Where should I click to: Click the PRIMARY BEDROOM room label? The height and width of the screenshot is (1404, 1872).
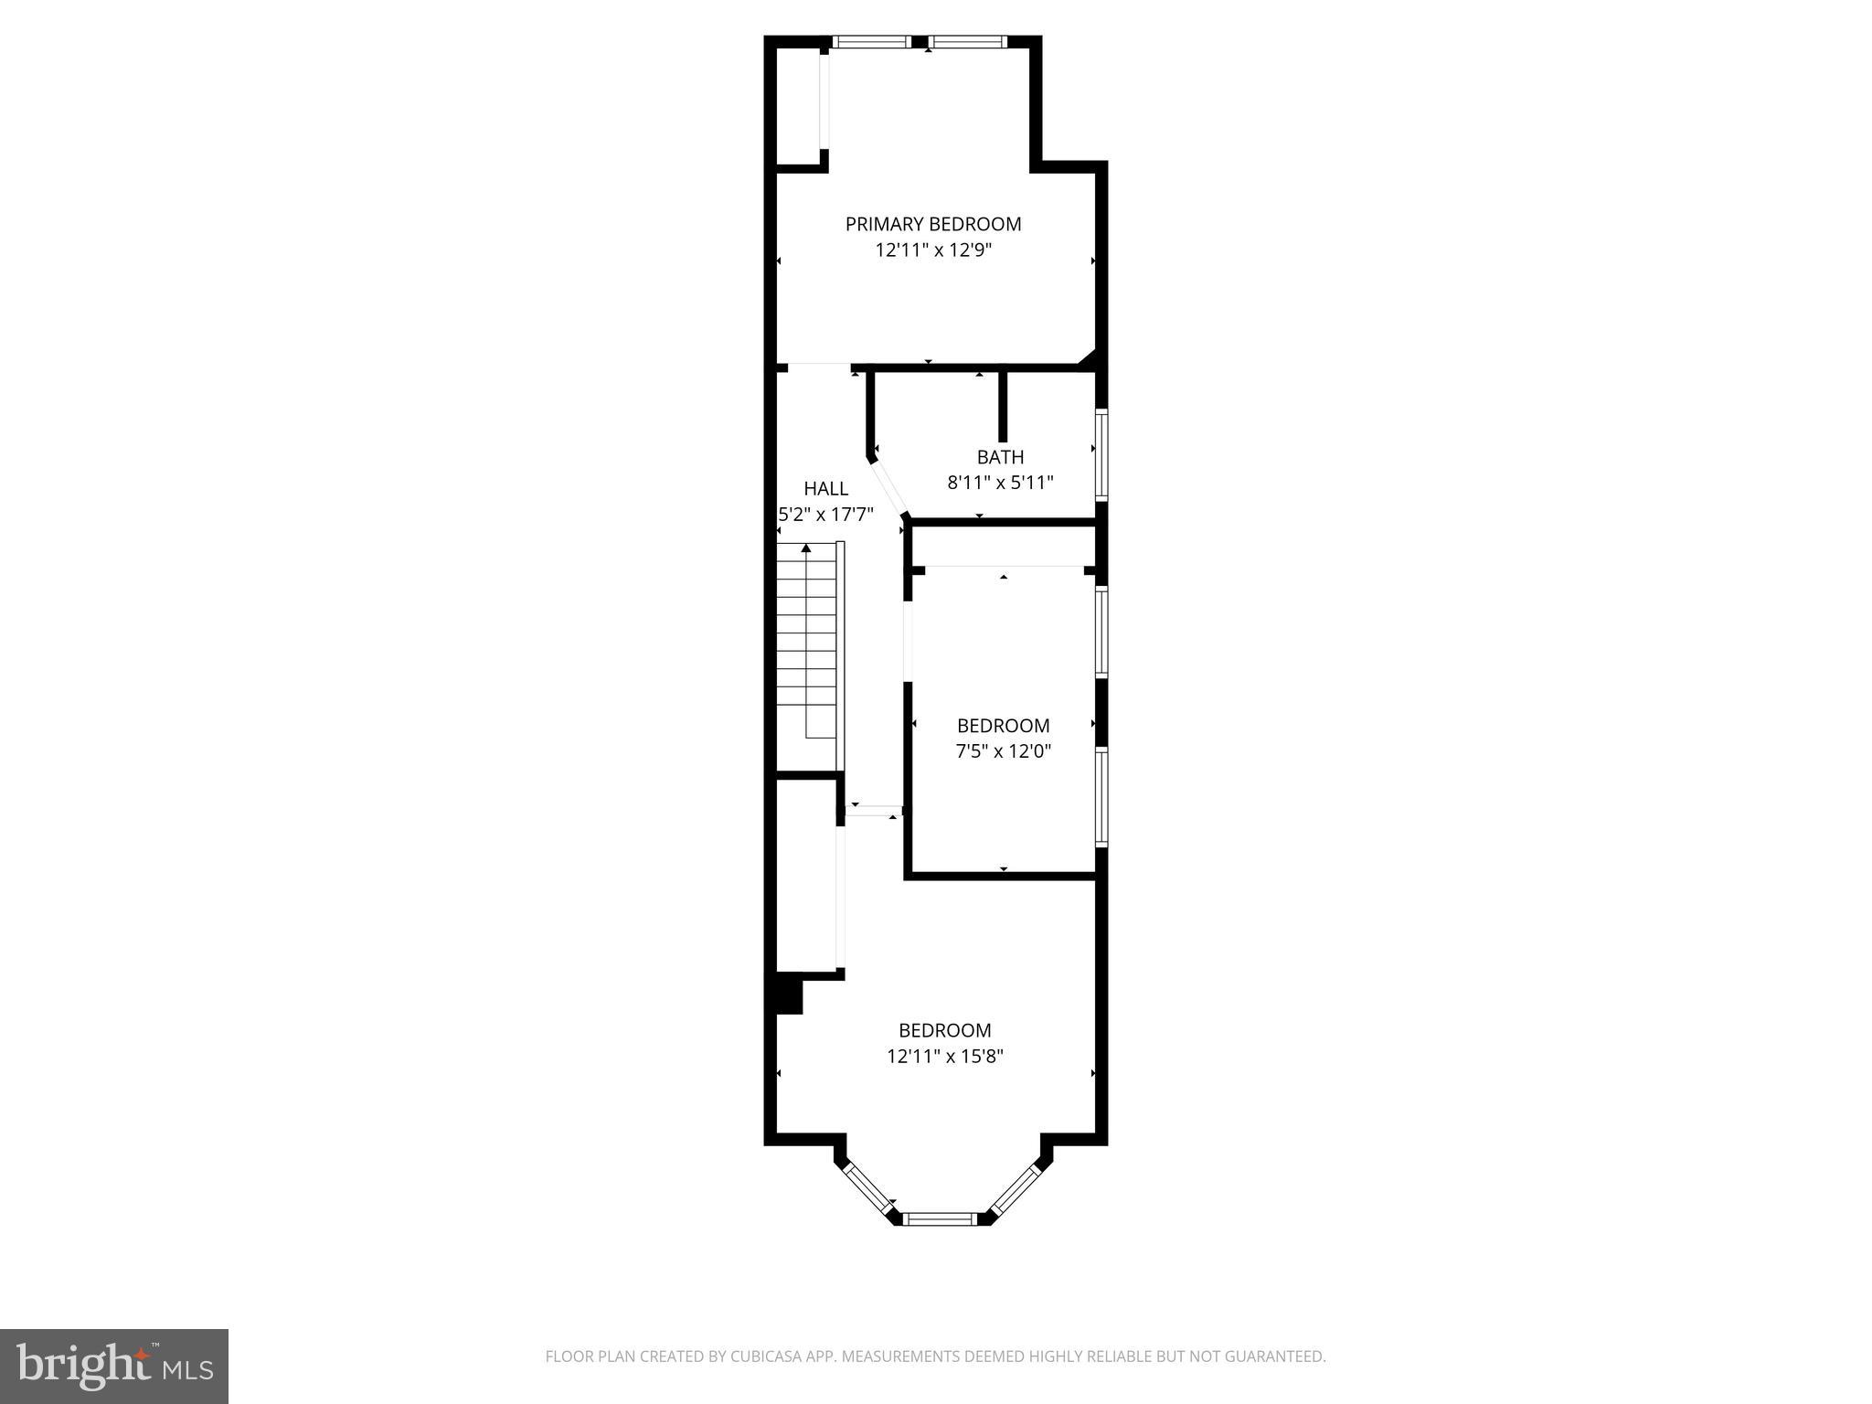(932, 224)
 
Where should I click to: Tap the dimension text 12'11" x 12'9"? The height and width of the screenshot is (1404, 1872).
(932, 250)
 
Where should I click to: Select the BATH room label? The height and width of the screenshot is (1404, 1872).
(1000, 457)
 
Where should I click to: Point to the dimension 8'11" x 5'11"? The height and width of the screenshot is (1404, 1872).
(1000, 483)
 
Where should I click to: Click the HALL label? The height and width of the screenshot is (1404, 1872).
(825, 489)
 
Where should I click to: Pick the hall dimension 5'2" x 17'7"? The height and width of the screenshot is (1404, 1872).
(825, 515)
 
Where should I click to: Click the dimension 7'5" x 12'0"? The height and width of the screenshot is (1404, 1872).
(1003, 751)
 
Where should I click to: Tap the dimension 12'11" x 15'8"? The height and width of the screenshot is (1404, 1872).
(944, 1057)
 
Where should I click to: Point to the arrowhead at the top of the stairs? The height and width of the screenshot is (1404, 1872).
(805, 548)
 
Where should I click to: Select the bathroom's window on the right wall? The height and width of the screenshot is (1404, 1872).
(1102, 454)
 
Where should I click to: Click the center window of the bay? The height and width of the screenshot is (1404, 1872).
(941, 1218)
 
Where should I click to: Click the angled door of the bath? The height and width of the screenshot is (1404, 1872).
(888, 487)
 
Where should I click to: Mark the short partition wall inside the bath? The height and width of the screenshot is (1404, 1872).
(1002, 406)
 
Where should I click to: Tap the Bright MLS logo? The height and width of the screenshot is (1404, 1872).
(114, 1366)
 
